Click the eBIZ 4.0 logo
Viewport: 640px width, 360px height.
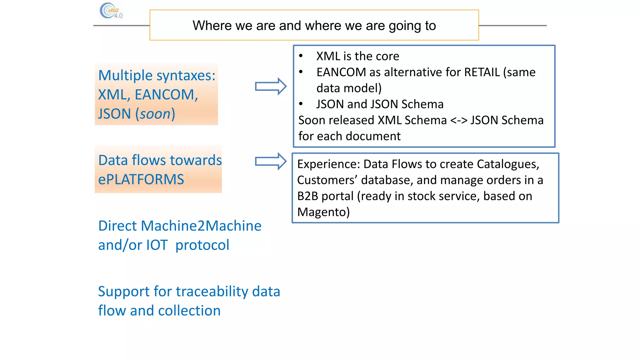[x=111, y=11]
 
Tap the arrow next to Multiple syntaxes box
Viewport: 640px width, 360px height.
[x=271, y=86]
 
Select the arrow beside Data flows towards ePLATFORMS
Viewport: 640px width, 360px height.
[x=271, y=161]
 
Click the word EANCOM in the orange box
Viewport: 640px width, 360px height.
[x=166, y=95]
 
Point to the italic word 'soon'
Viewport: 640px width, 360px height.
[x=155, y=114]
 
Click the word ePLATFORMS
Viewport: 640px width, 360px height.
[x=141, y=180]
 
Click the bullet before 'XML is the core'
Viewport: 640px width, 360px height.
[x=301, y=56]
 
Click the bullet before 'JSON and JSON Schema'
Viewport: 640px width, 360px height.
[x=301, y=104]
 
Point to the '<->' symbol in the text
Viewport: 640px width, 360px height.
[x=458, y=120]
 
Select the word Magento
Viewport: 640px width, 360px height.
[x=323, y=212]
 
